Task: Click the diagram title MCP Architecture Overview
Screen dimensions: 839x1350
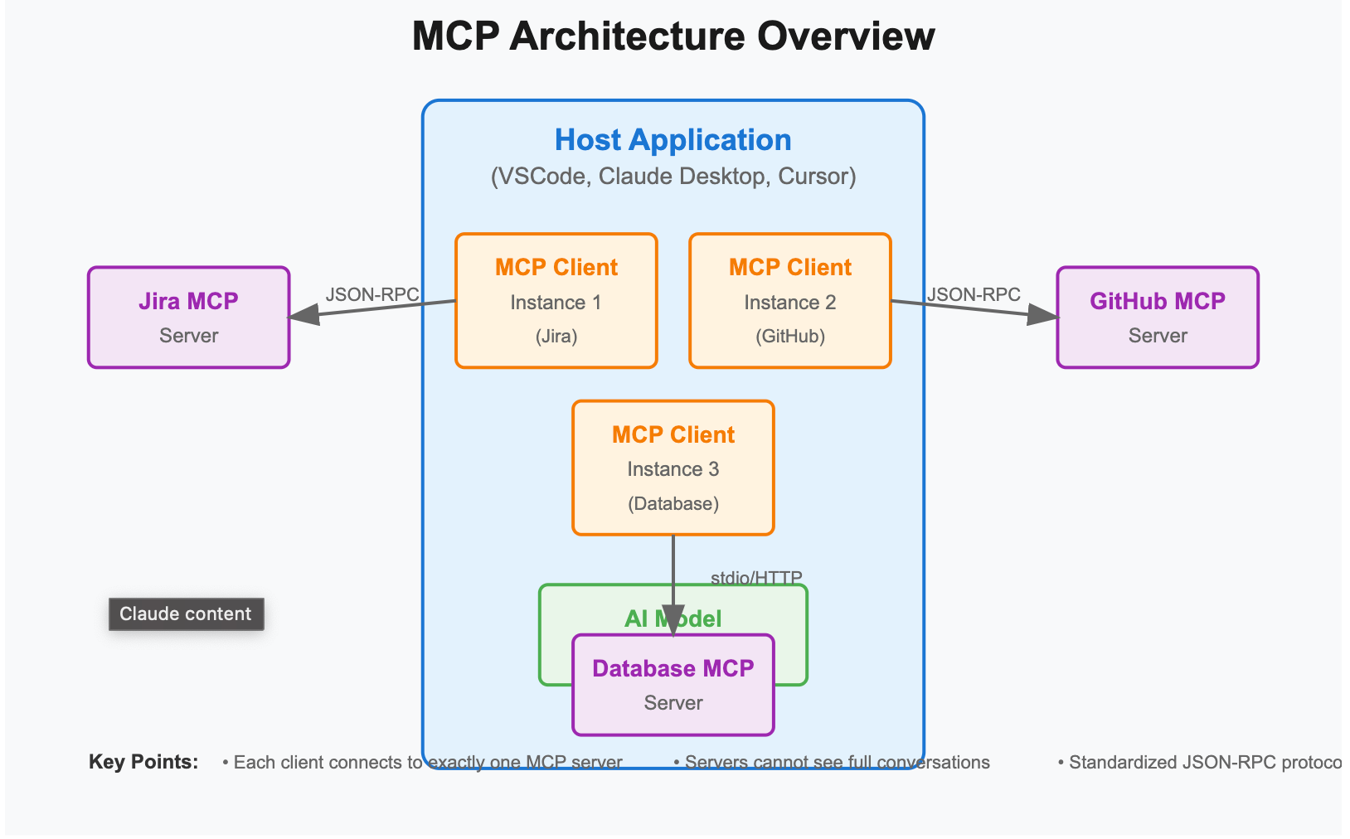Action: [x=673, y=37]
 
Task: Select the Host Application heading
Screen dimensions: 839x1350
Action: [x=673, y=140]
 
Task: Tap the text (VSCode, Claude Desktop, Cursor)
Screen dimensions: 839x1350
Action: [x=673, y=177]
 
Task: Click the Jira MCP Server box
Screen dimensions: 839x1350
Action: [x=188, y=318]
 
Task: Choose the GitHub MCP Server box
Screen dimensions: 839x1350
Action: [x=1157, y=318]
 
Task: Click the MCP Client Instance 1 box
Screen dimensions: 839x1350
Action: [x=556, y=301]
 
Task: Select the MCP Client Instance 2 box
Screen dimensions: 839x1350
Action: [x=789, y=301]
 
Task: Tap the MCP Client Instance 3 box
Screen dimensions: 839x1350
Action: [x=673, y=468]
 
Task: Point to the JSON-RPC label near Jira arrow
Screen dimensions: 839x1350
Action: [x=371, y=295]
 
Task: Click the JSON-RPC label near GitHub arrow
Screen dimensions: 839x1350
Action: [x=974, y=295]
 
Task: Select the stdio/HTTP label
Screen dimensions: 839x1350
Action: [x=756, y=578]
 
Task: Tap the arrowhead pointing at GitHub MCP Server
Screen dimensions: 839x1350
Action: [x=1042, y=314]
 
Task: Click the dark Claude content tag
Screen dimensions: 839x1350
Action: [x=186, y=614]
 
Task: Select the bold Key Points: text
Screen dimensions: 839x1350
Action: [x=143, y=762]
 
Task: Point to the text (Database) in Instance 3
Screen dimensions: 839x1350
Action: [x=673, y=504]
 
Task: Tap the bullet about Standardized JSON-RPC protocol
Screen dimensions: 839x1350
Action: [x=1199, y=763]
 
